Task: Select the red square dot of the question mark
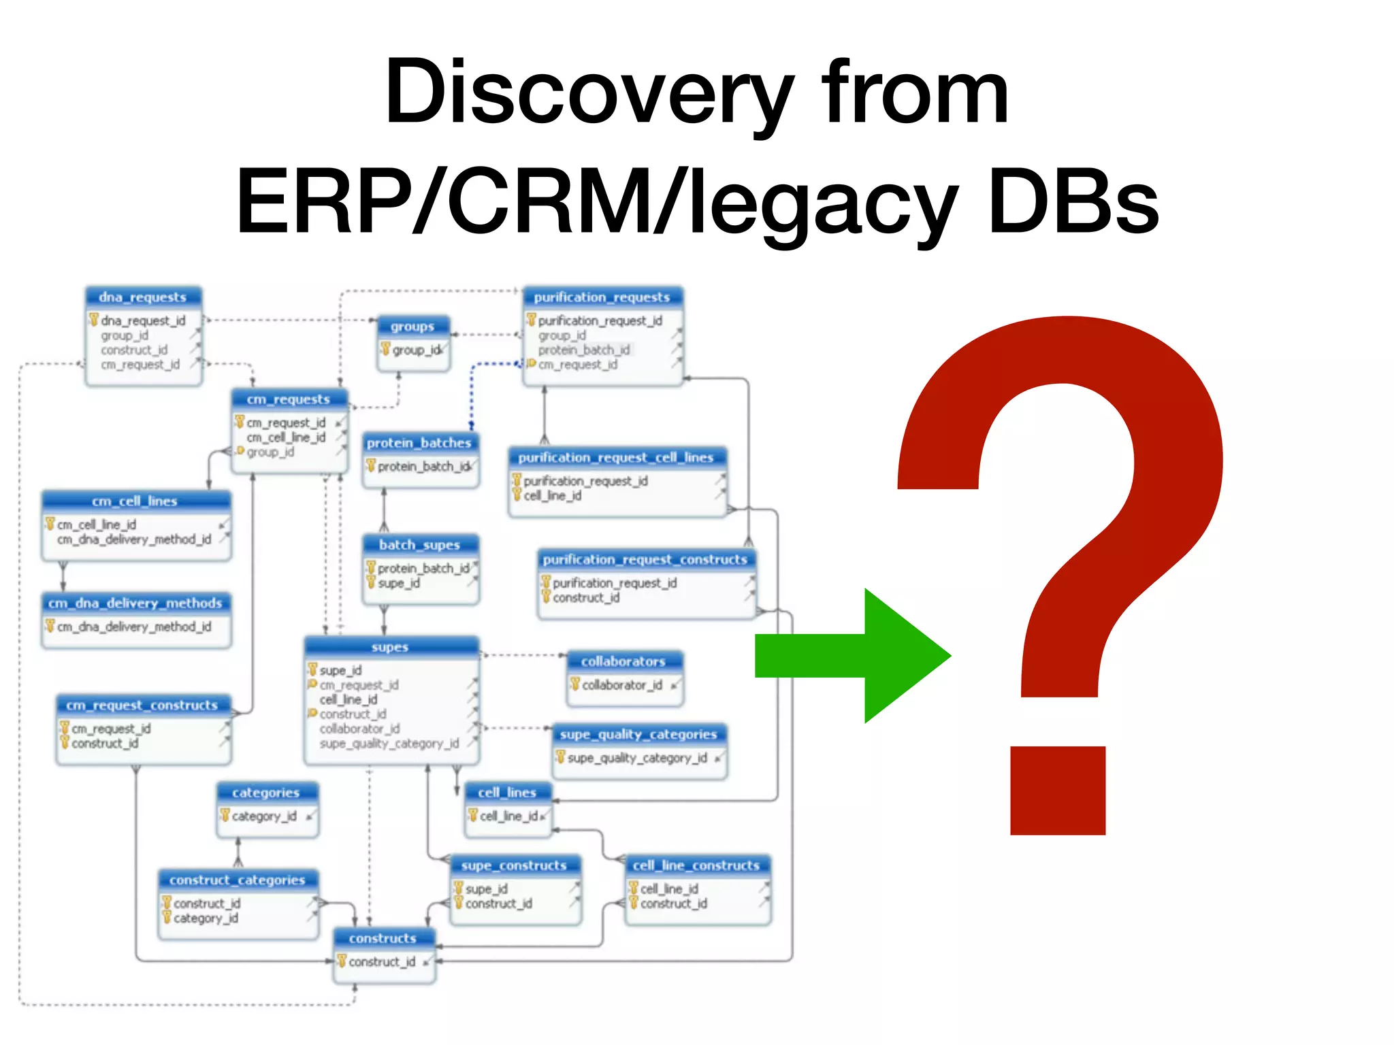click(1057, 791)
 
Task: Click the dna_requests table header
click(143, 297)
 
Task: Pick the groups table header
click(412, 327)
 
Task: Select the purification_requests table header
click(602, 297)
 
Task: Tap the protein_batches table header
click(419, 443)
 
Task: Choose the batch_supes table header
click(419, 545)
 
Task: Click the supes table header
click(390, 647)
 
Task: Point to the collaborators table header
click(623, 661)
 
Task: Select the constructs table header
click(383, 938)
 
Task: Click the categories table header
click(265, 793)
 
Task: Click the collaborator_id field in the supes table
click(360, 729)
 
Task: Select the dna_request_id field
click(143, 320)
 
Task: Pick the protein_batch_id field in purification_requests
click(583, 350)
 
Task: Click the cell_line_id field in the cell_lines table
click(509, 816)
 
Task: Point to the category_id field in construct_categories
click(206, 918)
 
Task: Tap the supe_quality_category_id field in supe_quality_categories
click(637, 758)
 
